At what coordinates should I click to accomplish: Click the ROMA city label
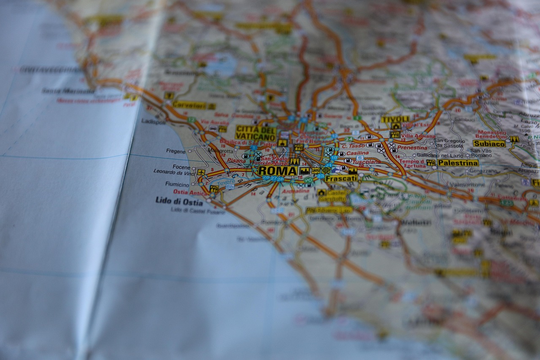tap(278, 171)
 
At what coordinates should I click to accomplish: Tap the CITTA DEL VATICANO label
tap(256, 133)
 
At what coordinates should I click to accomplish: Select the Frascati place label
tap(341, 179)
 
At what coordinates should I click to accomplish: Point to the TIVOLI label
tap(395, 119)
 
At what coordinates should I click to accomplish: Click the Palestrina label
tap(458, 162)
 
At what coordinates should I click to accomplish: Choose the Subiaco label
tap(489, 143)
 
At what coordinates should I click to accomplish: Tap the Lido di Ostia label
tap(179, 201)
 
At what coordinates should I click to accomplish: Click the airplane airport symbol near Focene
tap(201, 172)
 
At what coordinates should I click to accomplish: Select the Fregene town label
tap(175, 151)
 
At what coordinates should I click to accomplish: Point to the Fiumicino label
tap(177, 184)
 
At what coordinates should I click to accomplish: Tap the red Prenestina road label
tap(412, 148)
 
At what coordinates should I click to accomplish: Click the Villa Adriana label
tap(418, 136)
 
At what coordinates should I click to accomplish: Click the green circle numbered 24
tap(348, 139)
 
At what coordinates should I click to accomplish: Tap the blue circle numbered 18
tap(334, 157)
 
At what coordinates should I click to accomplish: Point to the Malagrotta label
tap(220, 151)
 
